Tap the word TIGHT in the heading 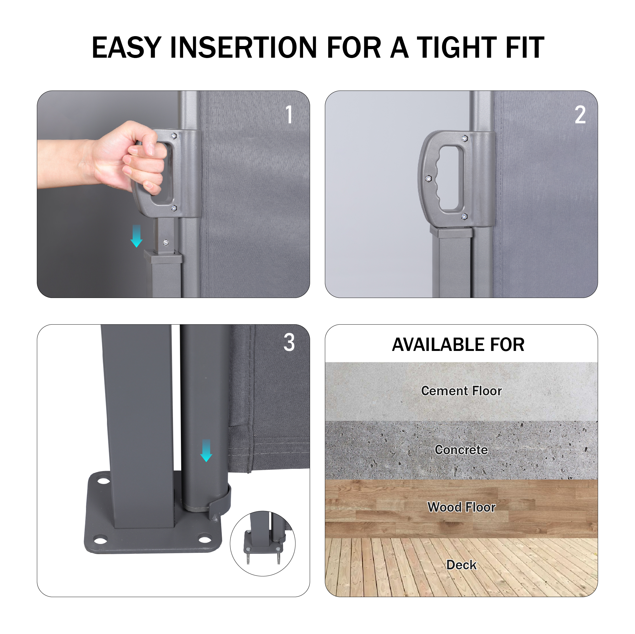click(457, 48)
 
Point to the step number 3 click(289, 342)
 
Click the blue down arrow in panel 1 click(136, 236)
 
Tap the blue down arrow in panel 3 click(206, 450)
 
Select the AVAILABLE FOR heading click(458, 345)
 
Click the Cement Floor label click(461, 391)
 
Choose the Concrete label click(461, 450)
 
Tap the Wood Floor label click(461, 507)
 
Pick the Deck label click(461, 565)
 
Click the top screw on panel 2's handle click(464, 139)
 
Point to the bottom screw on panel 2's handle click(464, 217)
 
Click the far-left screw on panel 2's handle click(428, 178)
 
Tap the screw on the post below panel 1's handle click(166, 242)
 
